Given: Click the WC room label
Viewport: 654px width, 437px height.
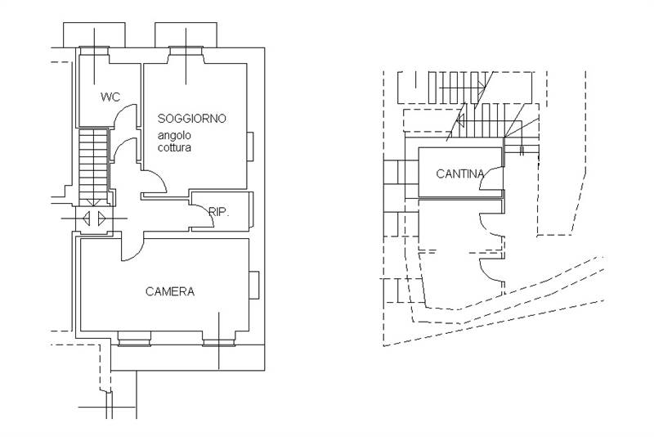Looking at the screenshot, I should pyautogui.click(x=110, y=97).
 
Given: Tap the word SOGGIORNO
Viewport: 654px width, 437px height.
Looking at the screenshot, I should pyautogui.click(x=191, y=119).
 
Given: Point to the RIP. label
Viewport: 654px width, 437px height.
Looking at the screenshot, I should pyautogui.click(x=218, y=212).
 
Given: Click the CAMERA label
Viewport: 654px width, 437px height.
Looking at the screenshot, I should pyautogui.click(x=170, y=291).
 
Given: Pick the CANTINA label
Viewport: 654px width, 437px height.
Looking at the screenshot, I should pyautogui.click(x=459, y=173).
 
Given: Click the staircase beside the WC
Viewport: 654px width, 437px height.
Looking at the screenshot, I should pyautogui.click(x=93, y=164).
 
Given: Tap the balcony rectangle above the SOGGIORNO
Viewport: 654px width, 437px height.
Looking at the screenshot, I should pyautogui.click(x=187, y=34).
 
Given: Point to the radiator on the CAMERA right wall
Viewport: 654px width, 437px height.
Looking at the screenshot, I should pyautogui.click(x=254, y=284).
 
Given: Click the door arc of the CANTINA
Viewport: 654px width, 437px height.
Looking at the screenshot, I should pyautogui.click(x=490, y=187).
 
